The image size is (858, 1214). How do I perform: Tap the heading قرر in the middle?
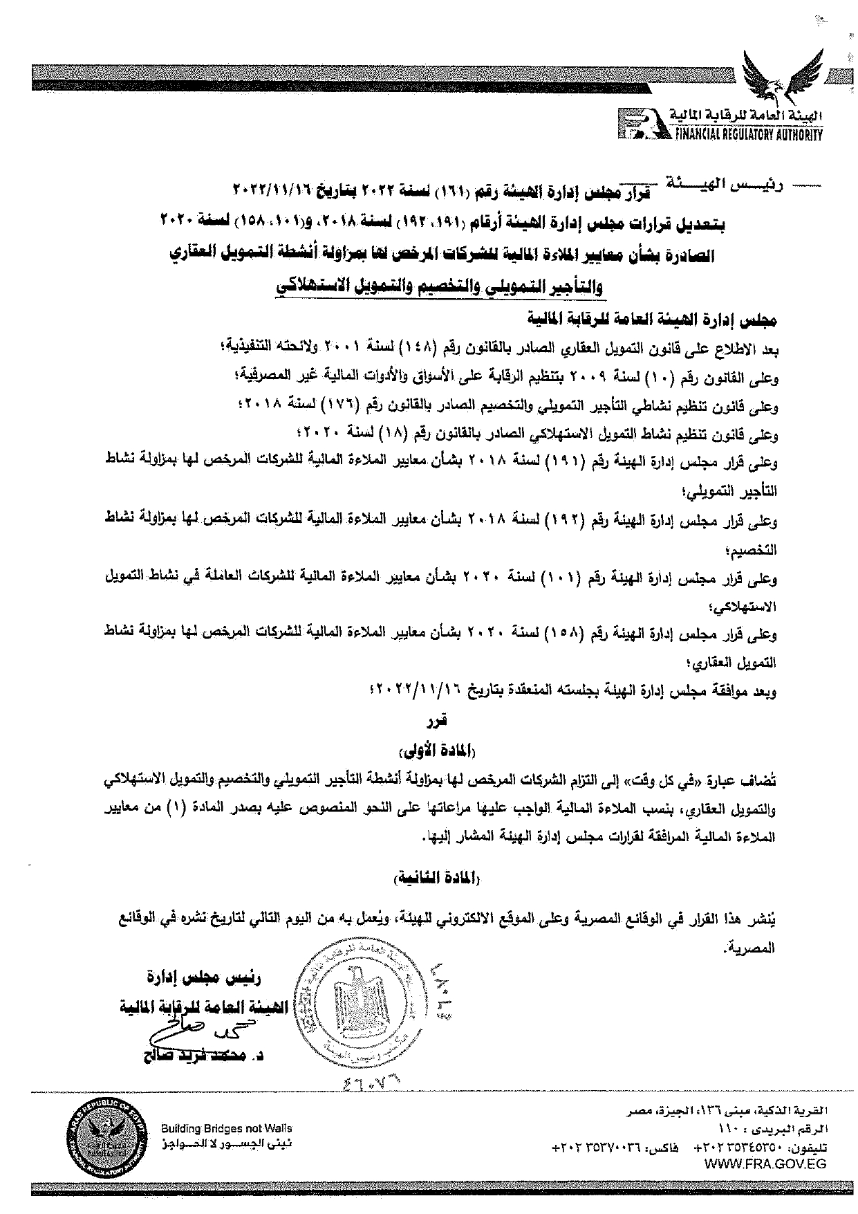coord(440,721)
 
